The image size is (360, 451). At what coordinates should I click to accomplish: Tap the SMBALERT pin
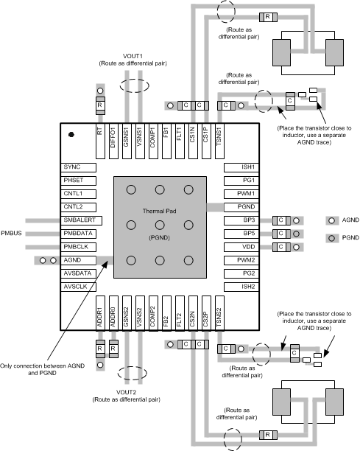pyautogui.click(x=81, y=220)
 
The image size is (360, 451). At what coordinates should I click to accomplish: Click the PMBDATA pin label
pyautogui.click(x=81, y=234)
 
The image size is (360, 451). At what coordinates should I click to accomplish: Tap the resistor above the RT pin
pyautogui.click(x=99, y=105)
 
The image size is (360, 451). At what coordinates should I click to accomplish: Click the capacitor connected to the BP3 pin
pyautogui.click(x=280, y=220)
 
